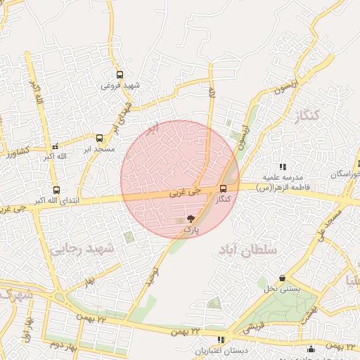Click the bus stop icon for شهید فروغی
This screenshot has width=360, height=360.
coord(120,74)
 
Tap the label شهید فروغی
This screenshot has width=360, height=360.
coord(120,86)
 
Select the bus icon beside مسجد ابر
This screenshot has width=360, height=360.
coord(99,138)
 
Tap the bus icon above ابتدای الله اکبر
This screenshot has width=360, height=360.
coord(56,189)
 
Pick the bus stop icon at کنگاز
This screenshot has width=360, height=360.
coord(223,188)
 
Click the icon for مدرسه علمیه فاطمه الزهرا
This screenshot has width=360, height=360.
coord(282,167)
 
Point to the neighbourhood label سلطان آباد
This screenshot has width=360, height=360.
coord(247,249)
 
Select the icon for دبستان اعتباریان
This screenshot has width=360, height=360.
coord(221,340)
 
